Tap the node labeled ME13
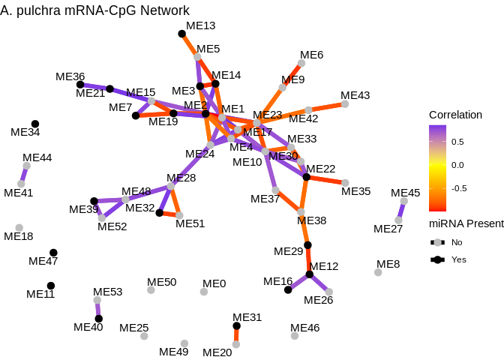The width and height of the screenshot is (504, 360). click(x=181, y=34)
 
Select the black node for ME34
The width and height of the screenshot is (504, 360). click(x=35, y=124)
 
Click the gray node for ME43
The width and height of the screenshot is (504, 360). click(x=345, y=104)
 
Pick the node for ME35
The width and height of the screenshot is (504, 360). click(x=345, y=182)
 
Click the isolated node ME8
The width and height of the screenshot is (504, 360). click(x=378, y=272)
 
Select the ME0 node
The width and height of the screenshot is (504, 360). click(x=204, y=292)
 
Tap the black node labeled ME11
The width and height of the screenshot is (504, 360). click(x=51, y=286)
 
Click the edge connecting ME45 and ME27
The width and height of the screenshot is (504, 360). click(x=401, y=211)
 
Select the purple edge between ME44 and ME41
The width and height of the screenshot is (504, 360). click(x=24, y=175)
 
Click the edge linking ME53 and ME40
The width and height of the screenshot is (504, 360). click(x=97, y=310)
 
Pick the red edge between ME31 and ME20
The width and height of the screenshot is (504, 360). click(x=236, y=335)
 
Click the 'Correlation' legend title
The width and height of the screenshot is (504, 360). click(x=455, y=115)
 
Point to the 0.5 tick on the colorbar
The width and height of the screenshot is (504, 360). click(x=457, y=141)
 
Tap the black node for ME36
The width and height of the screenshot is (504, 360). click(x=80, y=85)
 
